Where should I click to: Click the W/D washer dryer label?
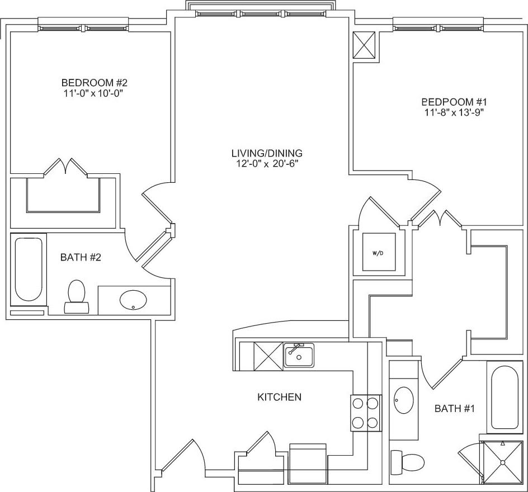click(x=378, y=253)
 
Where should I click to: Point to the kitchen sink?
click(x=299, y=355)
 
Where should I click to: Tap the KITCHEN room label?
click(x=279, y=397)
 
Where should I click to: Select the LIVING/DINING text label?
click(x=267, y=153)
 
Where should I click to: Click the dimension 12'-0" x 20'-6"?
click(x=267, y=163)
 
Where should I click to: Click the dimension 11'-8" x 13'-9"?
click(x=454, y=112)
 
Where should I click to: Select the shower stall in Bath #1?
click(x=502, y=462)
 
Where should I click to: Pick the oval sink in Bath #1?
click(x=403, y=400)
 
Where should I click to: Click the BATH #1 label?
click(x=454, y=409)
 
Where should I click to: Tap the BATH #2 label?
click(x=81, y=258)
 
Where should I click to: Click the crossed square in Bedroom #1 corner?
click(x=365, y=45)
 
